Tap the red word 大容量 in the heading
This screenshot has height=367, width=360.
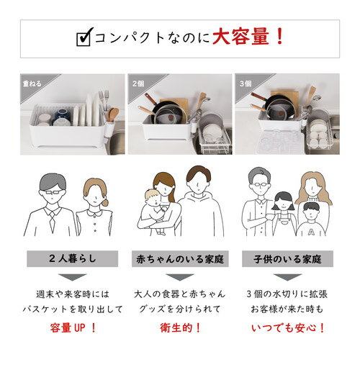244,36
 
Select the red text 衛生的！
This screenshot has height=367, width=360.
179,327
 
